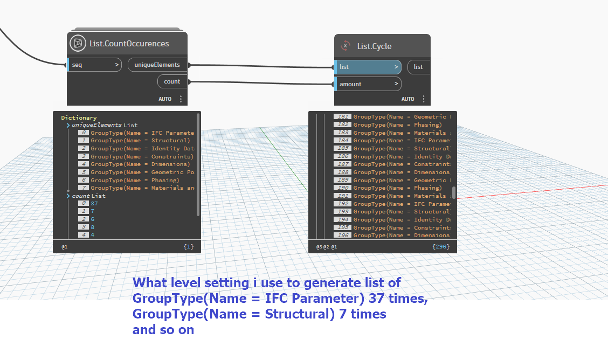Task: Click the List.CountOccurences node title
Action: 129,44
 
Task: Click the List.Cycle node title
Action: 374,46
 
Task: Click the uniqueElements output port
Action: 157,65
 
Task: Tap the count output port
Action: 172,82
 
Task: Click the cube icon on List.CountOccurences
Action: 78,43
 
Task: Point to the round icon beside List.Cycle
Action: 346,46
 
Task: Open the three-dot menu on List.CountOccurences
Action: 181,99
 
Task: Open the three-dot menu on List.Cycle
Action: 424,99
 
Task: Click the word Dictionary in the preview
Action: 79,117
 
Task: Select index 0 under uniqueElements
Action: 84,133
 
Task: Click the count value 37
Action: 94,204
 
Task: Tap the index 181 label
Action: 342,117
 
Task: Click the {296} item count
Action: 440,247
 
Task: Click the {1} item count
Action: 188,247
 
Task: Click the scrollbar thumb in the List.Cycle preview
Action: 454,193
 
